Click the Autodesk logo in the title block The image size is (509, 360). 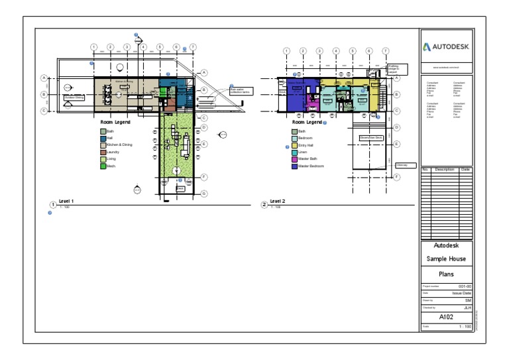(447, 47)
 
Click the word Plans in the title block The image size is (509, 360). (447, 273)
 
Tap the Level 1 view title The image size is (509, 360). (66, 201)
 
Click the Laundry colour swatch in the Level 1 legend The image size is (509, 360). (103, 152)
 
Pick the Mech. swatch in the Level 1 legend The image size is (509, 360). (103, 166)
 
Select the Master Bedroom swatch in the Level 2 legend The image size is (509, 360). (295, 166)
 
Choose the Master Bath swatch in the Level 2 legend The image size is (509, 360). (295, 159)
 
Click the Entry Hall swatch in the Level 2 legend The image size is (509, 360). (295, 145)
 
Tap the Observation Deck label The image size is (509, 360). (371, 137)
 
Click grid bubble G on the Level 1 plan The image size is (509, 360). (204, 194)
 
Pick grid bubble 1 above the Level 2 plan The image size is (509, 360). (286, 51)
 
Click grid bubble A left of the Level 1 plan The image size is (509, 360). (44, 78)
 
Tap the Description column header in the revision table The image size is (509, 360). (444, 170)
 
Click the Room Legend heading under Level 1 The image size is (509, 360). (115, 123)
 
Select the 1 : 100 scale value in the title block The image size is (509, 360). (465, 326)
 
